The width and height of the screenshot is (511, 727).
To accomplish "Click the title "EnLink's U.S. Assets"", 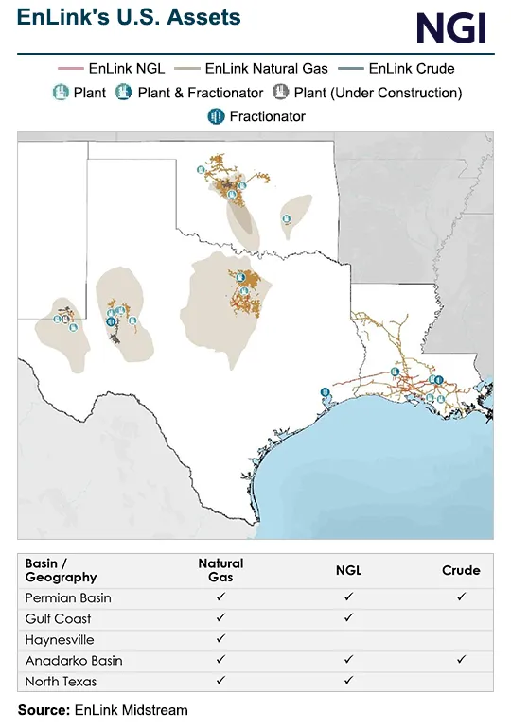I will (x=129, y=17).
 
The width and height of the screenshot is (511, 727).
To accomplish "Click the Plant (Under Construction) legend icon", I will (x=281, y=93).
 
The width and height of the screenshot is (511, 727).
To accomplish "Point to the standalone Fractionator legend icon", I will (x=215, y=116).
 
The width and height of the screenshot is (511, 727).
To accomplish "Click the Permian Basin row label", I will (x=68, y=597).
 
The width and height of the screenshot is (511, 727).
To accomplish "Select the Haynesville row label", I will (x=59, y=639).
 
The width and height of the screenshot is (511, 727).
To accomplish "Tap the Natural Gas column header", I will (x=220, y=570).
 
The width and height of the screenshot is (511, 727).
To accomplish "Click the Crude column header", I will (x=461, y=570).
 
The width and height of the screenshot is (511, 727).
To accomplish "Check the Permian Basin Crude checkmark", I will (x=461, y=597).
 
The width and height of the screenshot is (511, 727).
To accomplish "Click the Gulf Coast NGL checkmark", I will (x=348, y=618).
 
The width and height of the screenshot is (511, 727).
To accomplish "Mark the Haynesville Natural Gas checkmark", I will (x=220, y=639).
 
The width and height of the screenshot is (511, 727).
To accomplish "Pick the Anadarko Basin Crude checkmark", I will (x=461, y=660).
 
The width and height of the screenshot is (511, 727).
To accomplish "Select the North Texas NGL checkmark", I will (x=348, y=681).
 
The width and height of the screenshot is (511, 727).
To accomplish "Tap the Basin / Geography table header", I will (x=61, y=570).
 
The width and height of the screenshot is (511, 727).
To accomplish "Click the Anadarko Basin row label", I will (x=74, y=660).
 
